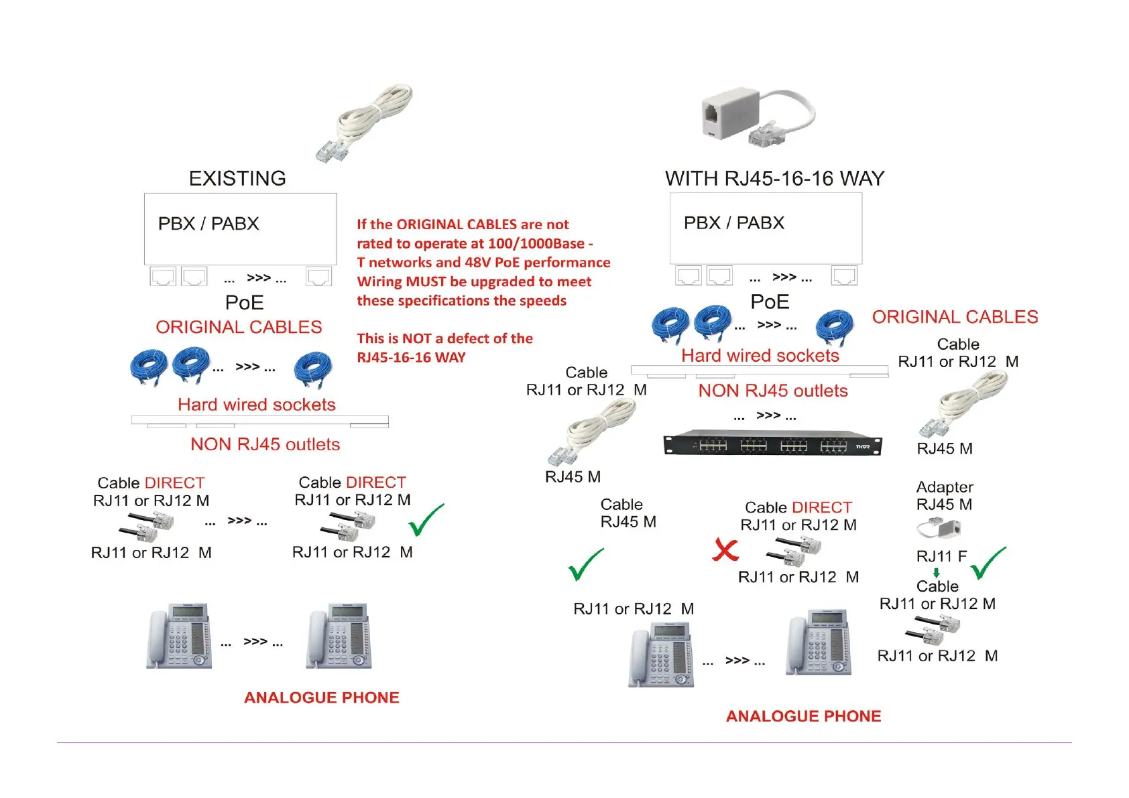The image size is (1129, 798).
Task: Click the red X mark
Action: [725, 550]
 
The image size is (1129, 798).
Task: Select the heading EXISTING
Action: [237, 178]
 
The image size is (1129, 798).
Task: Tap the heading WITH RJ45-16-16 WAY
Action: [774, 178]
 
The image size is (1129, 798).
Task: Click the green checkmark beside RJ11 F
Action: [988, 563]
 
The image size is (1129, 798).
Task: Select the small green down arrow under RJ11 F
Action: [937, 573]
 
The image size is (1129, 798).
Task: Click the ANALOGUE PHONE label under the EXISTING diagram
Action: [321, 697]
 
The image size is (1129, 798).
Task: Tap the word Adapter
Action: [945, 487]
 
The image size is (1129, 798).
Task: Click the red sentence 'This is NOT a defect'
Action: [444, 348]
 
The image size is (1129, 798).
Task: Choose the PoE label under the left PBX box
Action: [244, 303]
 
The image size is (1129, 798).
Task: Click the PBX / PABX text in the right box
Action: [733, 222]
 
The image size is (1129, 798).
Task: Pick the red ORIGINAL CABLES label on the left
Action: [239, 327]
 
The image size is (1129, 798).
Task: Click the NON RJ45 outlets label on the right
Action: [773, 391]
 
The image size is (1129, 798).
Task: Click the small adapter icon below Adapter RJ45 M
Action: [939, 529]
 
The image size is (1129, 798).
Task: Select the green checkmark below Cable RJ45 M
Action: [585, 564]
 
